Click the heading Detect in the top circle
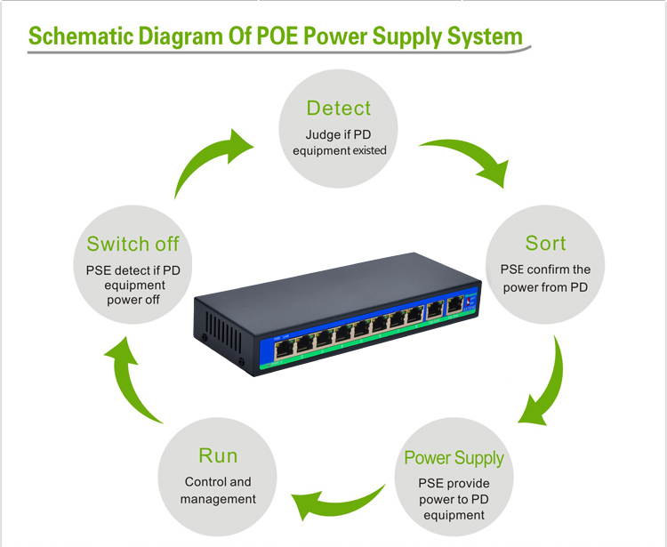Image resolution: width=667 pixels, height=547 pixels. (338, 109)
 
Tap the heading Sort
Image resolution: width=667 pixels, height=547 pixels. (545, 243)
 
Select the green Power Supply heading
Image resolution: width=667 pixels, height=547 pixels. (454, 458)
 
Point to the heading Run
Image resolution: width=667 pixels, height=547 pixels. (218, 456)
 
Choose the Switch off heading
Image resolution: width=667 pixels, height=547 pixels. (133, 244)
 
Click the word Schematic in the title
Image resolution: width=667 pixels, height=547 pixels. (83, 36)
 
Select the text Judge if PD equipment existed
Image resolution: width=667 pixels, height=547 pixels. (338, 142)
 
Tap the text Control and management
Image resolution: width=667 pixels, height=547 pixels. (218, 491)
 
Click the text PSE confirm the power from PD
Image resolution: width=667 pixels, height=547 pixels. (545, 278)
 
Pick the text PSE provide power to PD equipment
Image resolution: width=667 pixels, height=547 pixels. (454, 500)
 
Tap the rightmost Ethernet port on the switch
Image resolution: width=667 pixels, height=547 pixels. (455, 305)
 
